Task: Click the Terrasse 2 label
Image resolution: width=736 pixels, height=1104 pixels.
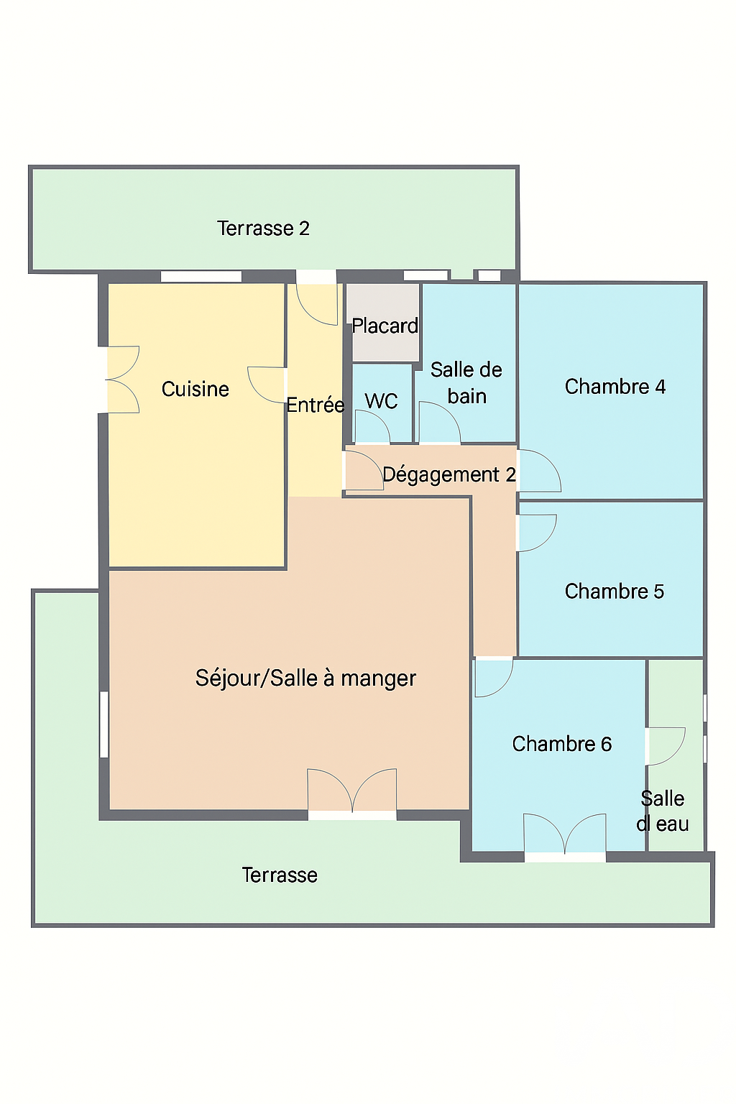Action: pos(263,228)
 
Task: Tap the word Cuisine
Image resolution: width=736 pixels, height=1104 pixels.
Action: pos(195,389)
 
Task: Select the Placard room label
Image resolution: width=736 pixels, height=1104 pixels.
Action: pos(385,326)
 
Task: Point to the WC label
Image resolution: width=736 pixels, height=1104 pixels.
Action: pos(381,401)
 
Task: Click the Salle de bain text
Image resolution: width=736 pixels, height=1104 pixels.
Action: pos(466,383)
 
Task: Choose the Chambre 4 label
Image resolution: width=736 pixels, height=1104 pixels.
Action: pos(615,387)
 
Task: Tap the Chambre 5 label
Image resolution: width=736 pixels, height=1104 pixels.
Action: pos(615,591)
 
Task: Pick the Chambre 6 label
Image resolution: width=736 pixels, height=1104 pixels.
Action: pos(561,744)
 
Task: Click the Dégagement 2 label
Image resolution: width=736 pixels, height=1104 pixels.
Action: pos(449,474)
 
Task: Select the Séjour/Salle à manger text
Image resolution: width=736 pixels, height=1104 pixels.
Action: pos(305,678)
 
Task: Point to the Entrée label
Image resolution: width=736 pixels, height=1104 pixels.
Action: pos(316,405)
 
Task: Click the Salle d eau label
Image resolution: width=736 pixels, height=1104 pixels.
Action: pos(662,811)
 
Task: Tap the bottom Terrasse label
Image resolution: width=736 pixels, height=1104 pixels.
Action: pos(280,875)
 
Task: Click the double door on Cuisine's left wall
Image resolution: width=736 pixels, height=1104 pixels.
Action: pos(123,379)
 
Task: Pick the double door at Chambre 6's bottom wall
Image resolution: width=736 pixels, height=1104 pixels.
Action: pos(564,834)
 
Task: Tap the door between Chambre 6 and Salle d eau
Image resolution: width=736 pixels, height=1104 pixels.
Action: pos(666,746)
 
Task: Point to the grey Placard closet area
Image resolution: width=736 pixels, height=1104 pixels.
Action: pos(382,322)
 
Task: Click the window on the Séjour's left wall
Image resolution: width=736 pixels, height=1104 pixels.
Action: pos(104,724)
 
